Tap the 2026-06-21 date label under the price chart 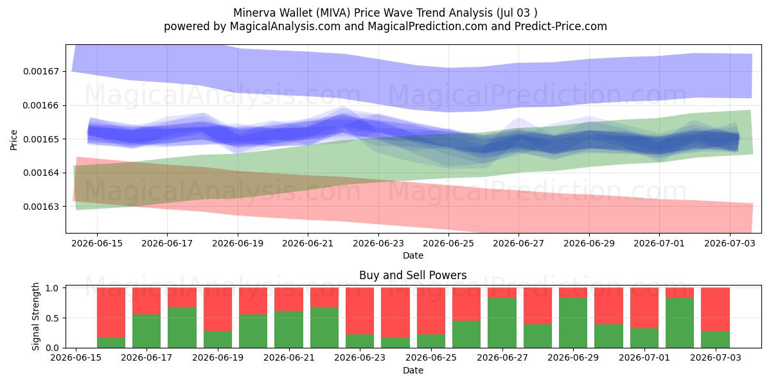308,243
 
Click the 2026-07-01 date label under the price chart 659,243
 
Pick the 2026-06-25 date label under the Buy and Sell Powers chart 431,357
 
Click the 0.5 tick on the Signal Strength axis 52,318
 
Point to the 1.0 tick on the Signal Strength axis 52,288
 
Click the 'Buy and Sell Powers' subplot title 413,275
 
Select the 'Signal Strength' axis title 35,316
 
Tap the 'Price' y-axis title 13,140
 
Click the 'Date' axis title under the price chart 413,255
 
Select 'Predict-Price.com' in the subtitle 561,26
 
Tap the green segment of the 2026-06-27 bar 502,323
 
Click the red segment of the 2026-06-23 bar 360,311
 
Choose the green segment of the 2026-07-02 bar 680,323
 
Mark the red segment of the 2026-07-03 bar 716,309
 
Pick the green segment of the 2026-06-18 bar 182,328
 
